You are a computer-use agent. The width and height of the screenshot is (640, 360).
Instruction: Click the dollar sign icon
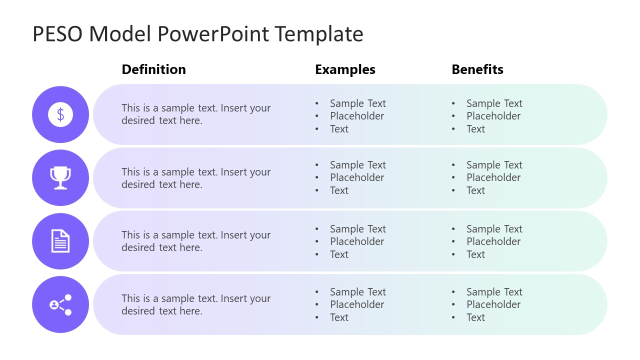(60, 114)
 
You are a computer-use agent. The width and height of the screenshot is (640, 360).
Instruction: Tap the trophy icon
(60, 178)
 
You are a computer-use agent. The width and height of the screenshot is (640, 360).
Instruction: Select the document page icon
(60, 241)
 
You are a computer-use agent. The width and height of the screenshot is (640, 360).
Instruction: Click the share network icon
(60, 304)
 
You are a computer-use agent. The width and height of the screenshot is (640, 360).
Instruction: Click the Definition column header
(153, 69)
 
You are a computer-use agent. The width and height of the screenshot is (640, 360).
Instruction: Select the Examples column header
(345, 69)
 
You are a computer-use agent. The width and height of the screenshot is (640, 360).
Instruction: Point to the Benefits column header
(477, 69)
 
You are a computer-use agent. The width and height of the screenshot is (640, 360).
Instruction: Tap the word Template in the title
(318, 34)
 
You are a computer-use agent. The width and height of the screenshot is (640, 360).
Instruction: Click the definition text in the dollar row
(195, 114)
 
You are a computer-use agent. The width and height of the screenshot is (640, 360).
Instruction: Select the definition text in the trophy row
(195, 178)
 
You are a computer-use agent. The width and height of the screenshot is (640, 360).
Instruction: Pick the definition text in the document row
(195, 241)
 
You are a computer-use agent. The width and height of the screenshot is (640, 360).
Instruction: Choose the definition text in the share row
(195, 304)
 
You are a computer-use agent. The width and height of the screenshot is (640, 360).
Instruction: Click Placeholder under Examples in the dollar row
(356, 116)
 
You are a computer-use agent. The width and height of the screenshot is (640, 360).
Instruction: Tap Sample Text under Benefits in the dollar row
(494, 103)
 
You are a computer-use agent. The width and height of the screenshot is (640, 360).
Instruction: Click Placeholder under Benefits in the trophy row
(493, 177)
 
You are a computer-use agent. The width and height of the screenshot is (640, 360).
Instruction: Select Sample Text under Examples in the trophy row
(357, 165)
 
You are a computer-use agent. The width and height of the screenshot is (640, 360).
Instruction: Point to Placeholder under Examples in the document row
(356, 241)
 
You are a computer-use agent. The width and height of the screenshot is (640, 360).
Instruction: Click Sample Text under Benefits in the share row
(494, 292)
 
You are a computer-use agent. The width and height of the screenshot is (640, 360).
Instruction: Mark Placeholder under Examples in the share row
(356, 304)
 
